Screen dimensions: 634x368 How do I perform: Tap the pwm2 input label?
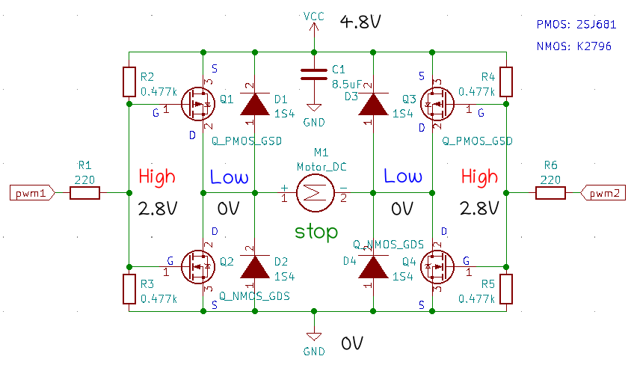click(x=603, y=193)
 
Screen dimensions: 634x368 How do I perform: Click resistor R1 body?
click(x=85, y=193)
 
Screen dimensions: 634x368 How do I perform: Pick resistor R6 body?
click(x=550, y=193)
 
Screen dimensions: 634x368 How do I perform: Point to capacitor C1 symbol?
click(x=314, y=75)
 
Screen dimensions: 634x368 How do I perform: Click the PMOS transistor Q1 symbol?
click(x=198, y=104)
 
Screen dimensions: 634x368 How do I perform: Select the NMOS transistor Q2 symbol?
click(x=198, y=267)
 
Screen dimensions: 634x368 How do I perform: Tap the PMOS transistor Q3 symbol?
click(x=437, y=104)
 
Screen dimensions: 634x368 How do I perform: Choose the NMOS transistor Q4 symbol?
click(x=437, y=267)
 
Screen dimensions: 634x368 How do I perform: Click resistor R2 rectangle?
click(x=129, y=82)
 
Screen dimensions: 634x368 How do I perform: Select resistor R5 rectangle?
click(x=506, y=289)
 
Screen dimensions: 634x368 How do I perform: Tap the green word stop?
click(x=316, y=232)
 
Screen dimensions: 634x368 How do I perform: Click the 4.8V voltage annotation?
click(x=360, y=22)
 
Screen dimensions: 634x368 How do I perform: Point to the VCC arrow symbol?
click(x=314, y=27)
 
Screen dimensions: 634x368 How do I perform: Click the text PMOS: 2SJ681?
click(x=576, y=25)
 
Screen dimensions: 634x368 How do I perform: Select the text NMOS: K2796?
click(x=573, y=46)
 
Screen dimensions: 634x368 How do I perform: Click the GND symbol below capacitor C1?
click(x=314, y=108)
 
